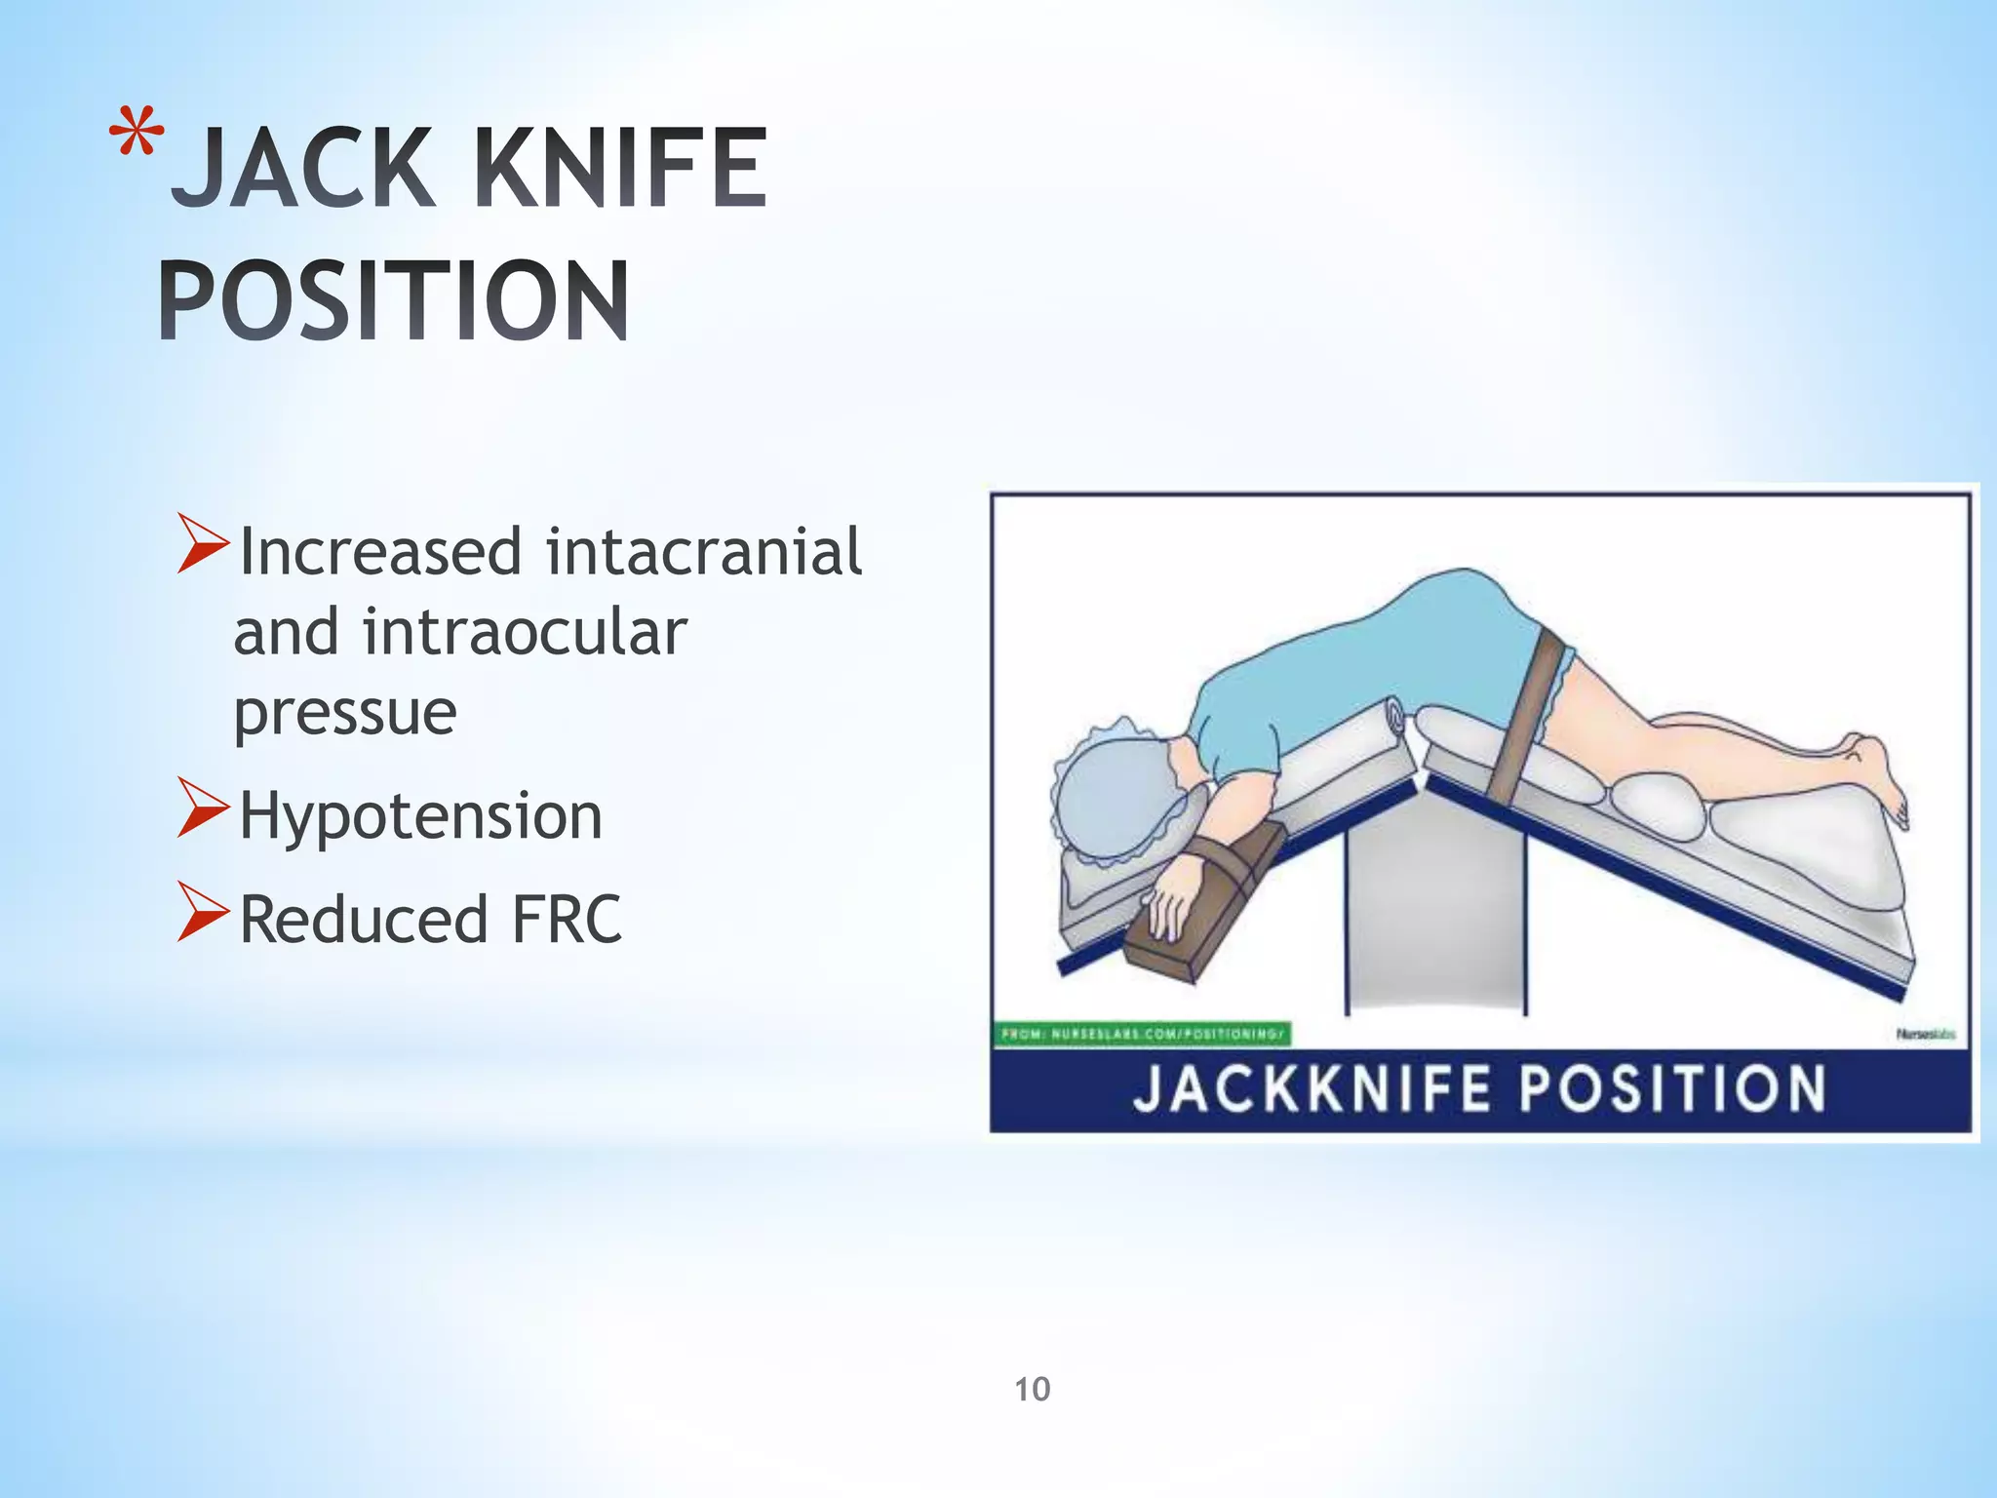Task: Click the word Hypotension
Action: [420, 815]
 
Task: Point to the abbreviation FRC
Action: [566, 920]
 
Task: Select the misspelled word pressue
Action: [345, 713]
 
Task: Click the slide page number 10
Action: [1033, 1389]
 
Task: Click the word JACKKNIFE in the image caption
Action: [1312, 1089]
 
